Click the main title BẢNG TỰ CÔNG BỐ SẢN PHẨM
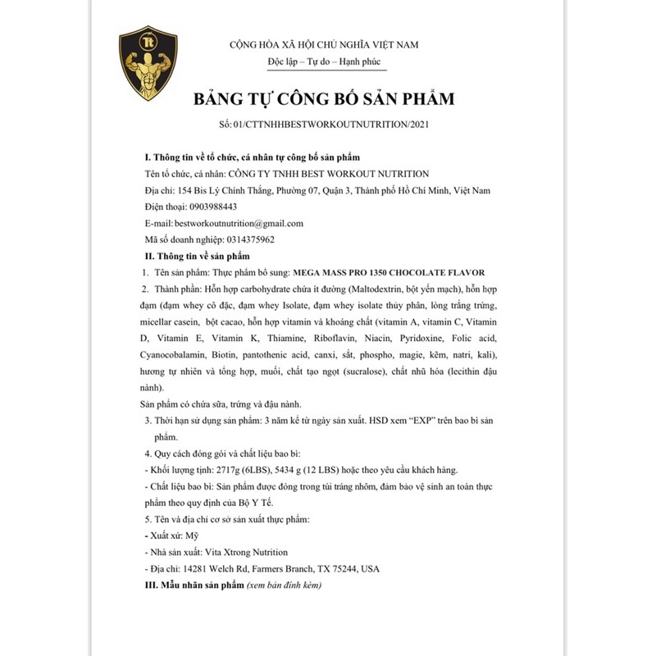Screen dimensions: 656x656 pyautogui.click(x=323, y=100)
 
